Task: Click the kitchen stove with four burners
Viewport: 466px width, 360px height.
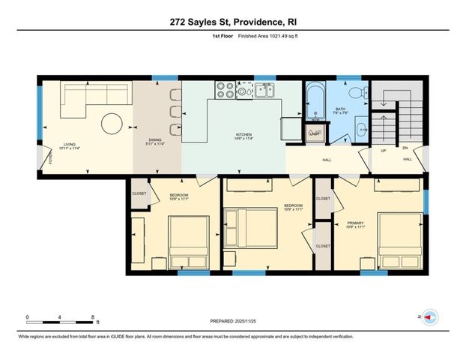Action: pos(226,91)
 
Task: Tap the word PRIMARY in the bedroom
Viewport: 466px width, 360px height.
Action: pos(355,223)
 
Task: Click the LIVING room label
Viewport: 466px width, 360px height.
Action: pos(70,144)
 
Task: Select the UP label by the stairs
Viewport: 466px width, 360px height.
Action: pos(384,150)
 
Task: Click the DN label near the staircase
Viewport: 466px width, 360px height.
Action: pos(405,148)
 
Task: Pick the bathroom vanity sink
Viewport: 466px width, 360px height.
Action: pos(360,127)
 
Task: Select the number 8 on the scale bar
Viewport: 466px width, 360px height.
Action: pos(91,316)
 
